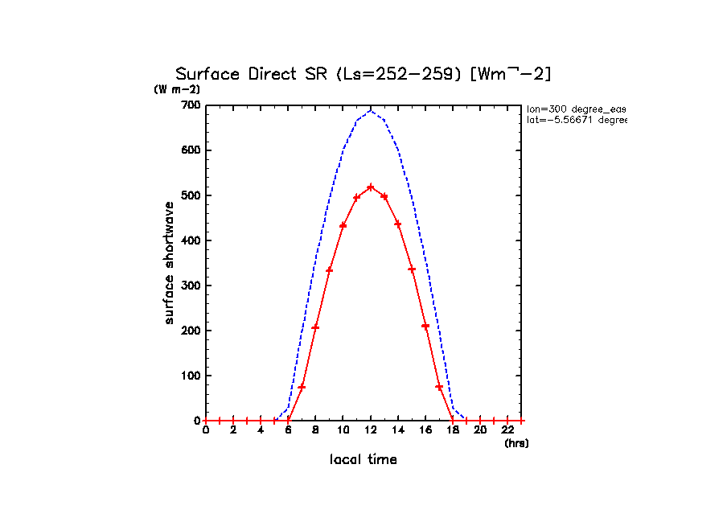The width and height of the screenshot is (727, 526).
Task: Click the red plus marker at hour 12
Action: click(x=371, y=187)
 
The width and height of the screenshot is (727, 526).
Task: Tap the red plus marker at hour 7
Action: click(x=302, y=387)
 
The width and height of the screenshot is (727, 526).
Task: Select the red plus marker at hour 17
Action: click(x=439, y=387)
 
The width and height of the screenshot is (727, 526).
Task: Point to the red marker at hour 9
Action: click(x=329, y=269)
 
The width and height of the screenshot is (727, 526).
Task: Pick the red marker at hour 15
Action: click(x=412, y=269)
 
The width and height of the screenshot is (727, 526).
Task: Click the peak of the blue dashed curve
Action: click(x=371, y=111)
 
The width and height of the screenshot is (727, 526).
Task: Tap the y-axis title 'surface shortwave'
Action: click(x=169, y=263)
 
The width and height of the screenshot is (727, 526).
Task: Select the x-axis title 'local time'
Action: click(x=363, y=459)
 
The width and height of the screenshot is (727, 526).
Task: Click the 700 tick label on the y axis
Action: click(x=191, y=105)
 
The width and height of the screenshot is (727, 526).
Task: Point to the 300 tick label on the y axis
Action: click(x=191, y=286)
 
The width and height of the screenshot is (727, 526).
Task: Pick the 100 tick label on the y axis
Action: click(x=191, y=376)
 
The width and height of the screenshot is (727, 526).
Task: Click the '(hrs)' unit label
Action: click(x=516, y=443)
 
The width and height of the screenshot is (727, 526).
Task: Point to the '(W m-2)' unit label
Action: click(x=177, y=89)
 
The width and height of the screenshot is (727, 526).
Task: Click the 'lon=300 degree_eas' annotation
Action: click(x=576, y=108)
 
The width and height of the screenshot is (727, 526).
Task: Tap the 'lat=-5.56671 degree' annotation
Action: click(x=576, y=120)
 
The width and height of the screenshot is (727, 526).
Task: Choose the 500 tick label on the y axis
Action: click(x=191, y=195)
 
